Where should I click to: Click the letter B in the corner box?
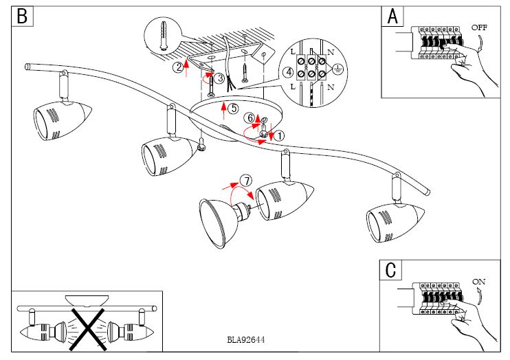22,16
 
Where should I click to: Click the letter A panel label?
392,16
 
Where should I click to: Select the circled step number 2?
178,67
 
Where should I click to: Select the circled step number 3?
219,79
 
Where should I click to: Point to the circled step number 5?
233,108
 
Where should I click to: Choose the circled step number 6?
251,117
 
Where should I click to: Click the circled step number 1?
279,136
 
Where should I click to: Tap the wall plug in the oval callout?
162,34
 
